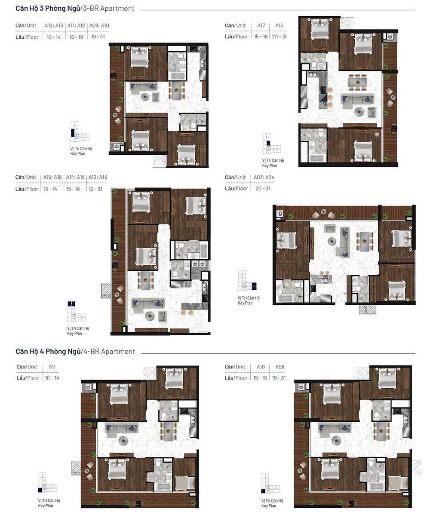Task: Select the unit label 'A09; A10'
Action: click(x=99, y=26)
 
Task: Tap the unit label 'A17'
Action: click(x=261, y=26)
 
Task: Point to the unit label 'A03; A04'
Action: click(x=264, y=177)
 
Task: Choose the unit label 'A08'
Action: click(x=279, y=367)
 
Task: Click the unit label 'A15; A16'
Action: click(x=52, y=177)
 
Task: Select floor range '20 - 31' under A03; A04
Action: click(x=263, y=188)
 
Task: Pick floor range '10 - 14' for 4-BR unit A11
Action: click(x=52, y=378)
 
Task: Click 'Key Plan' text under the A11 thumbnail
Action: click(x=46, y=506)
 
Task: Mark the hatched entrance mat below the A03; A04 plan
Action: click(x=367, y=310)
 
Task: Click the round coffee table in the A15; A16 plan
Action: click(x=149, y=316)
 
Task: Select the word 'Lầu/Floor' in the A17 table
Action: click(x=236, y=37)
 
